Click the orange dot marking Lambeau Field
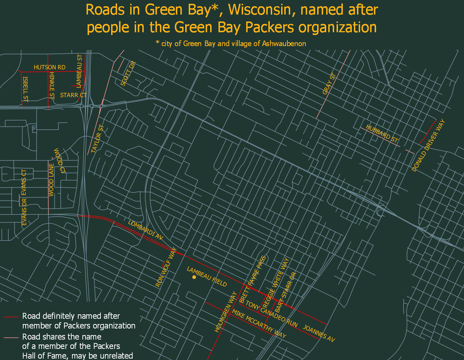194,277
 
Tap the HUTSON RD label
50,67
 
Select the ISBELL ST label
25,89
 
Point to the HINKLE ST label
52,86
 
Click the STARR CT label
73,95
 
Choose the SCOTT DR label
128,73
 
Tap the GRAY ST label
329,84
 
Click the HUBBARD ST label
382,134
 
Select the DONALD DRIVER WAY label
428,146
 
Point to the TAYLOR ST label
98,139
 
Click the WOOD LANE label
51,180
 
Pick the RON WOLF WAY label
166,267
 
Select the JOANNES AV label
319,333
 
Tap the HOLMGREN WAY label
226,312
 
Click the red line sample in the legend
11,317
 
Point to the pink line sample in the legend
11,337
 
